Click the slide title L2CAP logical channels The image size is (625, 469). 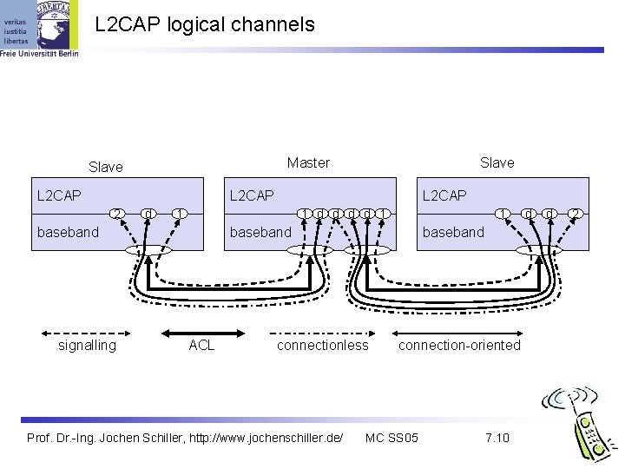[x=205, y=25]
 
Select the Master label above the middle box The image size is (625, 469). [x=308, y=162]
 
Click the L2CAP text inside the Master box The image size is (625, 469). [x=251, y=195]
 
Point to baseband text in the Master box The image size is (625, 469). [x=260, y=232]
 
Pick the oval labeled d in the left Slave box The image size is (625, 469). [x=148, y=213]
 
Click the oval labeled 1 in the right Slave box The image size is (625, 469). [x=502, y=213]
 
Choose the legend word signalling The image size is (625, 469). [x=87, y=346]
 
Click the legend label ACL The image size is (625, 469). [x=201, y=346]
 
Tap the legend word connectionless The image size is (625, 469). [x=322, y=346]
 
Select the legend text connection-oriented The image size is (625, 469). [x=459, y=346]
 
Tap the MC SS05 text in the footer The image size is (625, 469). [x=391, y=436]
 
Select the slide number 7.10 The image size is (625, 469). [x=497, y=436]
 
